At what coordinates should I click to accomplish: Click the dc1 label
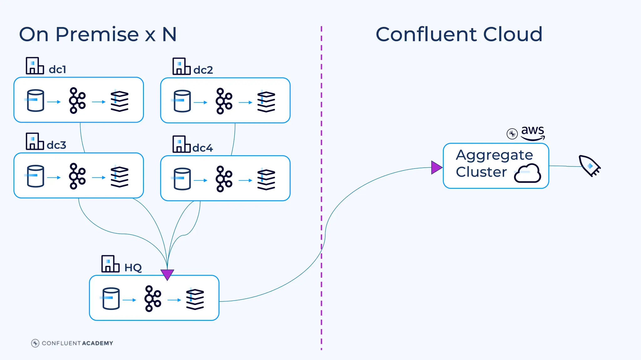(x=57, y=69)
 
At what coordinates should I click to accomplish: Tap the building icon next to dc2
(x=181, y=66)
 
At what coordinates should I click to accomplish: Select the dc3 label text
(x=56, y=145)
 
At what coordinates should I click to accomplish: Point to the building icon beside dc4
(x=181, y=144)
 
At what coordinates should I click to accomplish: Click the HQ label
(x=133, y=268)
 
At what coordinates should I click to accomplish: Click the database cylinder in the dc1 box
(x=35, y=101)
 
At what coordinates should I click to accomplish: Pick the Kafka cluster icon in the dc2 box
(x=224, y=101)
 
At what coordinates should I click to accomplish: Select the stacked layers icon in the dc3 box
(x=120, y=177)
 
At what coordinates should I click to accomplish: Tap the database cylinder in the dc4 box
(x=182, y=179)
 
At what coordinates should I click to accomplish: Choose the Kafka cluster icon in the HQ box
(x=152, y=298)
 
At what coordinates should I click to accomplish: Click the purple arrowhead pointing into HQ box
(x=167, y=274)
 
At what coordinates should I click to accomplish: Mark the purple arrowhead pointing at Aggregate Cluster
(x=436, y=168)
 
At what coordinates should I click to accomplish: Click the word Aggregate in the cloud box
(x=494, y=155)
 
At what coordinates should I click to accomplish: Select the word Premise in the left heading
(x=97, y=34)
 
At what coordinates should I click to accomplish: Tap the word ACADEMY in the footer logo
(x=97, y=343)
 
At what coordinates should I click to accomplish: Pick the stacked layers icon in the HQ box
(x=195, y=299)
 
